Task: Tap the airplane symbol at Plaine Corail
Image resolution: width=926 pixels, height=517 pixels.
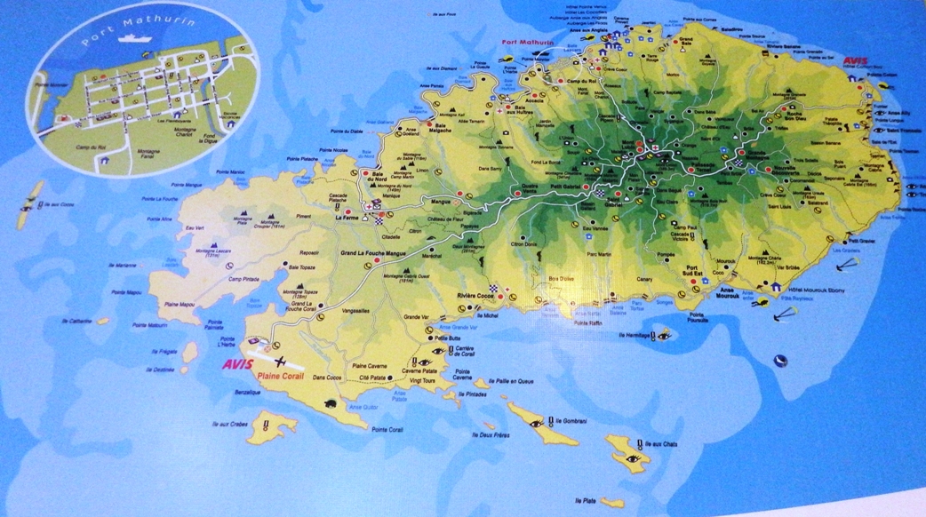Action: tap(281, 361)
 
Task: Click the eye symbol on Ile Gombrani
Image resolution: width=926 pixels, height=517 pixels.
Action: tap(536, 424)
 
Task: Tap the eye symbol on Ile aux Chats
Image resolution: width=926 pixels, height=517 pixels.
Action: tap(632, 458)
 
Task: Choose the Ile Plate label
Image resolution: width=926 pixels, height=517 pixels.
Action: tap(584, 501)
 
